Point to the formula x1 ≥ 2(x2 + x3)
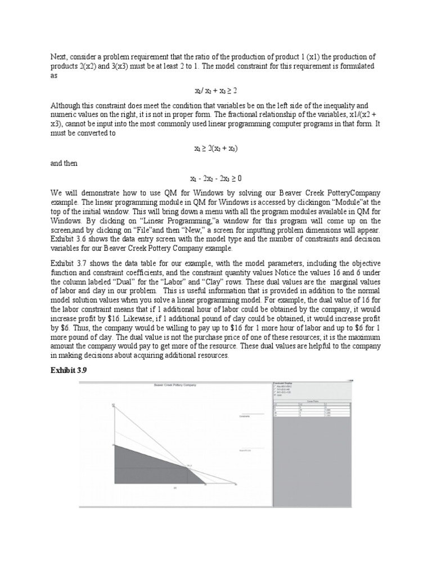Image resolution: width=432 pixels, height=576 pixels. click(x=216, y=148)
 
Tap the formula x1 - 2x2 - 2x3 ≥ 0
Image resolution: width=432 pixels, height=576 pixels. click(x=216, y=178)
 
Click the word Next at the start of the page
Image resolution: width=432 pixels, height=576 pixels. click(x=59, y=57)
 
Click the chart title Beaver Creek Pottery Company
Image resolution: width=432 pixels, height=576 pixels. click(x=174, y=385)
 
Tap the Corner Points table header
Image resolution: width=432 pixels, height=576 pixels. click(x=313, y=402)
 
